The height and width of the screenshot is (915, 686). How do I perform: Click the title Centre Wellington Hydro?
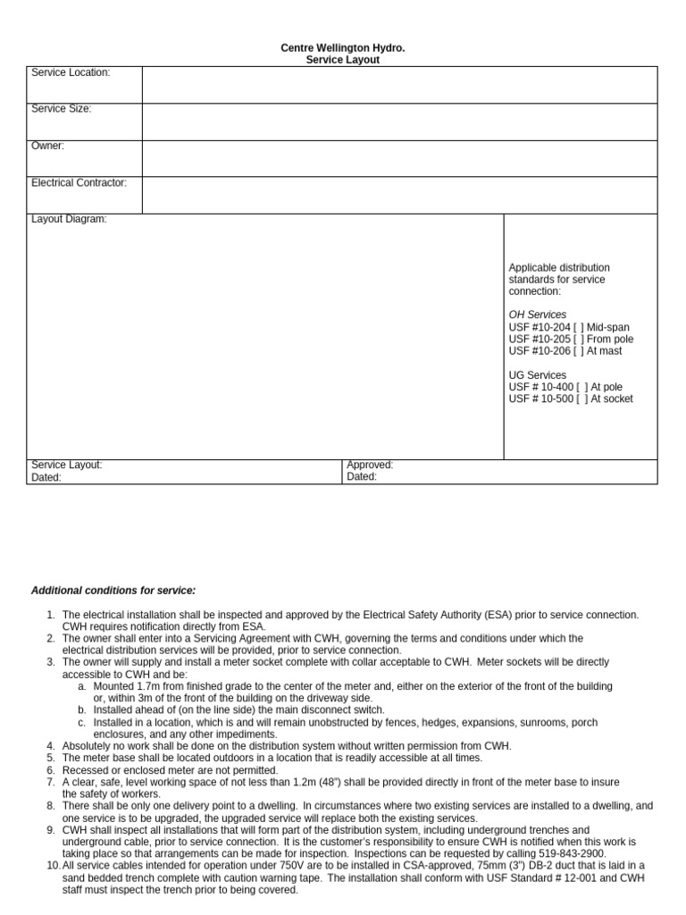pos(343,47)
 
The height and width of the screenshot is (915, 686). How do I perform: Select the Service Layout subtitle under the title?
pos(343,60)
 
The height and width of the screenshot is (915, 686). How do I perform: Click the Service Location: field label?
pos(71,72)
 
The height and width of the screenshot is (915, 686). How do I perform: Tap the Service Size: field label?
pos(62,109)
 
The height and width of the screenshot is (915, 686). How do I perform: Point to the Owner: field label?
pos(48,146)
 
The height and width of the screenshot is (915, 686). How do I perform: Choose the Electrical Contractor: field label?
pos(79,182)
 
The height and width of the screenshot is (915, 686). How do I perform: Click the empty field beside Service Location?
pos(399,85)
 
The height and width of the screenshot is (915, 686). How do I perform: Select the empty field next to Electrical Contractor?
pos(399,195)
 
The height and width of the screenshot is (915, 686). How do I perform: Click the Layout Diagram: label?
pos(69,219)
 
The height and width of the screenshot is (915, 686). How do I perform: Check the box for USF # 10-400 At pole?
pos(582,387)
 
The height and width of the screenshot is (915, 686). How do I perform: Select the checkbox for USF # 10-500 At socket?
pos(582,399)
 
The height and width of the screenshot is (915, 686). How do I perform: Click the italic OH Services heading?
pos(538,315)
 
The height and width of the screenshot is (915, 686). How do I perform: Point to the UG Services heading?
pos(538,375)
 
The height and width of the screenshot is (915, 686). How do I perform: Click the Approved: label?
pos(370,465)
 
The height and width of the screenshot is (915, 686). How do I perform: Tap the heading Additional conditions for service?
pos(113,591)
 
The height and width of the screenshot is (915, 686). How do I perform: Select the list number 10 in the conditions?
pos(53,865)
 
